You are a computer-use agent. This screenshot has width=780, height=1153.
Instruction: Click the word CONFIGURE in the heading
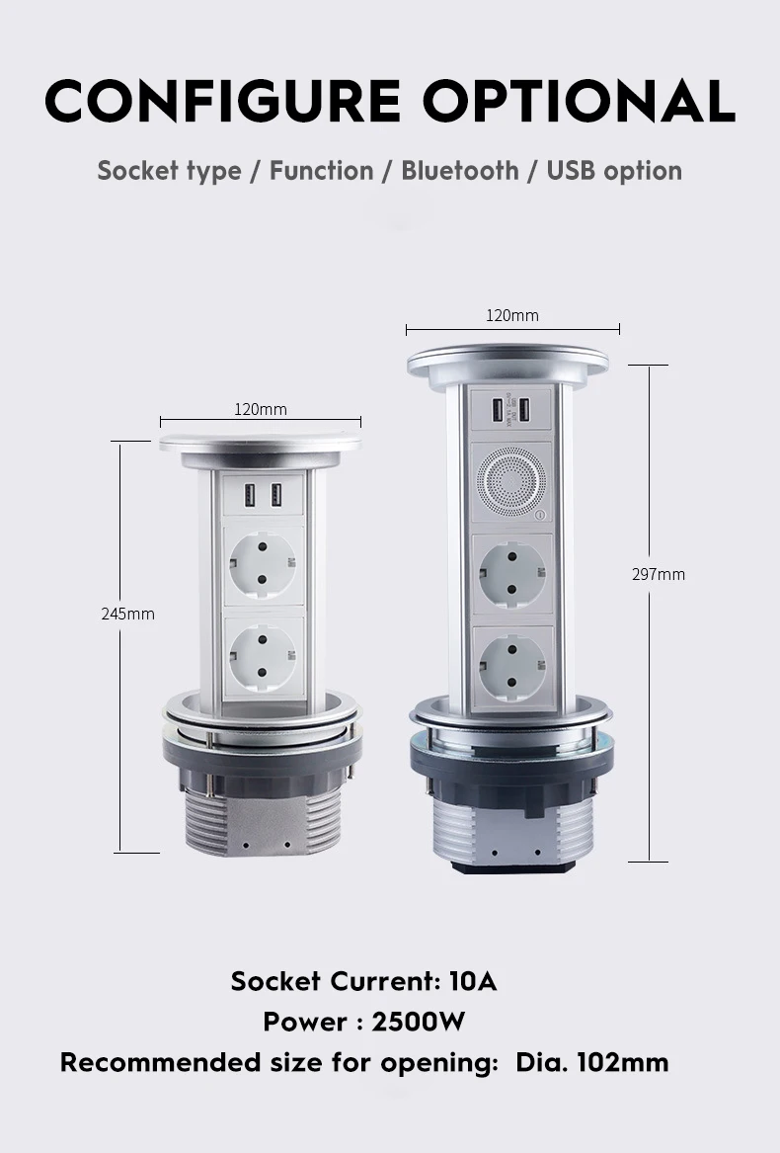click(x=222, y=100)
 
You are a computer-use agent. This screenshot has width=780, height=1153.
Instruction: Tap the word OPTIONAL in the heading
click(x=579, y=100)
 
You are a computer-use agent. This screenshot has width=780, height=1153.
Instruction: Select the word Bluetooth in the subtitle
click(x=459, y=170)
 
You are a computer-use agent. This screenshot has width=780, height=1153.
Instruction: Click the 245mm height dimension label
click(x=127, y=614)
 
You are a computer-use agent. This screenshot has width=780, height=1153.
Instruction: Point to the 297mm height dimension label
click(x=659, y=574)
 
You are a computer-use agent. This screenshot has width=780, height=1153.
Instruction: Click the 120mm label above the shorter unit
click(x=261, y=409)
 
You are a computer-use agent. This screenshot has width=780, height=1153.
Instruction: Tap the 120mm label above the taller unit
click(x=512, y=315)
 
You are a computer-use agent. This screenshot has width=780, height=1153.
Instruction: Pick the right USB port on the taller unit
click(x=525, y=409)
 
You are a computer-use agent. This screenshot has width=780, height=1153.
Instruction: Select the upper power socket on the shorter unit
click(x=264, y=566)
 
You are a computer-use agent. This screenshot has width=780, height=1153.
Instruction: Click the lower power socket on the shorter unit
click(x=264, y=656)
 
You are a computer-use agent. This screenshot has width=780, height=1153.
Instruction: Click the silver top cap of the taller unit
click(x=507, y=364)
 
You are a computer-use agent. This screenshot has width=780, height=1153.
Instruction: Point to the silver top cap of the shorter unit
click(x=261, y=446)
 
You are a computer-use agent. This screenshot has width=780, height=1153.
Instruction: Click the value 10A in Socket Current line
click(x=472, y=981)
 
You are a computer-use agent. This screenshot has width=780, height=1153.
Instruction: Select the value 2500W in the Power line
click(x=418, y=1022)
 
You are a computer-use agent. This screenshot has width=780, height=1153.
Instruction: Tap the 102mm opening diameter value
click(x=622, y=1062)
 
